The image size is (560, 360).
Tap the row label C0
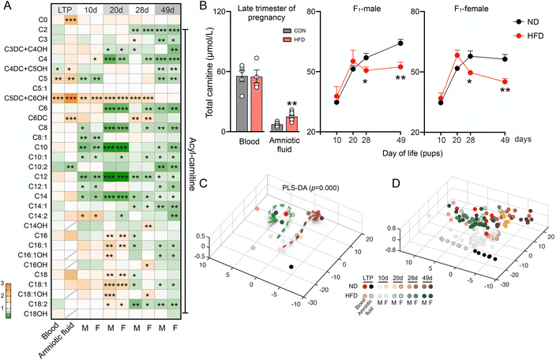point(49,17)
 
